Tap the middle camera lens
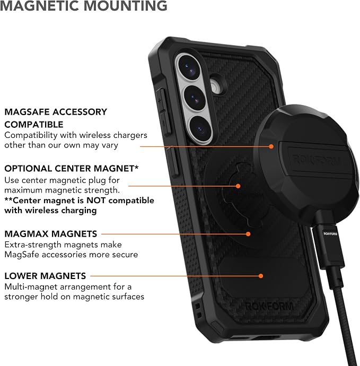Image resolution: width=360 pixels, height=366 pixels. (x=195, y=98)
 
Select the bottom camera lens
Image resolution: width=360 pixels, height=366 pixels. (x=200, y=128)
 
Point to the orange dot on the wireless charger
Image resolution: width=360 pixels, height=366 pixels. (x=271, y=146)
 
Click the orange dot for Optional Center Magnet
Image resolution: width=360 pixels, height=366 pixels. (x=238, y=186)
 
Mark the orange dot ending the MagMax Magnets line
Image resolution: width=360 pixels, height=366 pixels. (x=248, y=234)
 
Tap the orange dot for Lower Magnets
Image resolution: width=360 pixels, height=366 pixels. (x=261, y=276)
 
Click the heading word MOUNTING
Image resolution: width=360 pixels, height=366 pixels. (x=125, y=6)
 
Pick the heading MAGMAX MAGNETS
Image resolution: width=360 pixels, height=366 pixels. (x=50, y=234)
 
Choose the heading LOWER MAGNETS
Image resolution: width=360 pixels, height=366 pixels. (x=45, y=276)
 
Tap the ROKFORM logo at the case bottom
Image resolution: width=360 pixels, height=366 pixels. (x=269, y=306)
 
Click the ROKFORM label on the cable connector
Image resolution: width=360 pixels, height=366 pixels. (x=330, y=233)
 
